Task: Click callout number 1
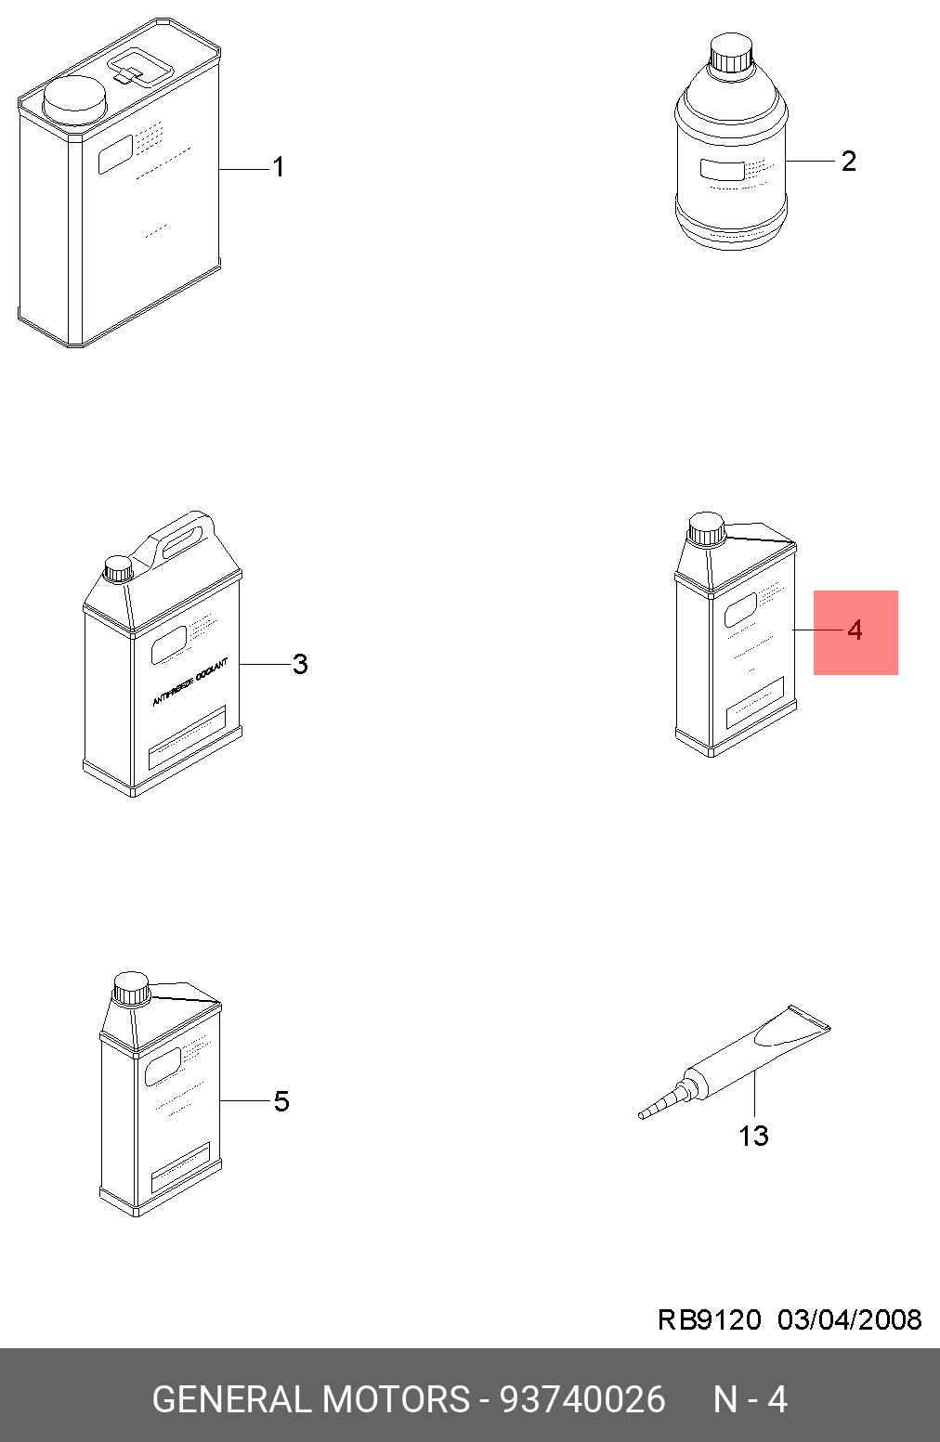(x=278, y=167)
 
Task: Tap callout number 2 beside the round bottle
(x=848, y=161)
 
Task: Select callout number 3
(x=299, y=664)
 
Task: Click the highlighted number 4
(x=855, y=630)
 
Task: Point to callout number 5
(x=281, y=1101)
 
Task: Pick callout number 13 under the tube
(x=753, y=1136)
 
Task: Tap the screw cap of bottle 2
(x=730, y=54)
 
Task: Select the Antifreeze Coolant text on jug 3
(x=189, y=682)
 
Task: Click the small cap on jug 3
(x=119, y=567)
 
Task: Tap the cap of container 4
(x=706, y=528)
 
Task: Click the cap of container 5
(x=131, y=988)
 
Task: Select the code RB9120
(x=709, y=1319)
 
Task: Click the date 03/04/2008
(x=849, y=1319)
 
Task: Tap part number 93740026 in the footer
(x=582, y=1399)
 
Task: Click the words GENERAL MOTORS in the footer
(x=311, y=1399)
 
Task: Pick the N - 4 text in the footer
(x=750, y=1399)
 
